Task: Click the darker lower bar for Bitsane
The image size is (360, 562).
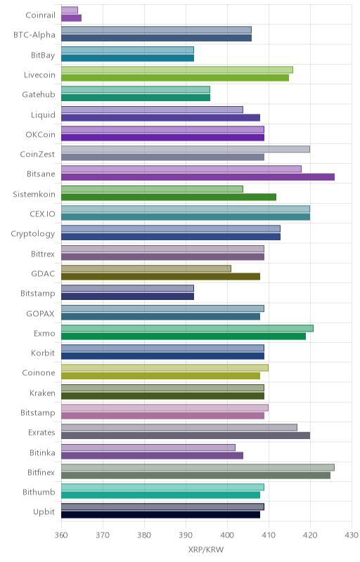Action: [x=198, y=177]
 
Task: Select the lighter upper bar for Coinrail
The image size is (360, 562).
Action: [x=70, y=10]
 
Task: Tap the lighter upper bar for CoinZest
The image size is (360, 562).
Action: [x=186, y=149]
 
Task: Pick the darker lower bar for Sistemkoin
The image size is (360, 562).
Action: [x=169, y=197]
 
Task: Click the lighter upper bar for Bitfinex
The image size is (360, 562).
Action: [x=198, y=467]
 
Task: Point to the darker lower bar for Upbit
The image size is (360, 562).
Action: [x=160, y=515]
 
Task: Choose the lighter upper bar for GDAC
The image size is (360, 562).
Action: [x=146, y=268]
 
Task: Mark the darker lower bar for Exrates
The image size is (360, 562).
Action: [x=186, y=436]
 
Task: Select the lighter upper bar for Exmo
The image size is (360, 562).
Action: [x=187, y=328]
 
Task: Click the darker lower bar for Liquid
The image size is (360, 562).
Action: [x=160, y=117]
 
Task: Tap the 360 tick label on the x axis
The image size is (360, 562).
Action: [x=61, y=535]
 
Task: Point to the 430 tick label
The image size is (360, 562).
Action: [x=352, y=535]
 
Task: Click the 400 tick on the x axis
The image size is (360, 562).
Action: [x=227, y=535]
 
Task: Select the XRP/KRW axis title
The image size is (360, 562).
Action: [x=206, y=550]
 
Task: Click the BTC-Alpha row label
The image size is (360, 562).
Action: [x=34, y=34]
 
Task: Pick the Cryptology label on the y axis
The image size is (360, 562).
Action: [x=33, y=234]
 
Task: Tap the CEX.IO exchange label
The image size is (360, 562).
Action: [x=43, y=214]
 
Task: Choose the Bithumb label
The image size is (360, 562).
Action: [x=39, y=492]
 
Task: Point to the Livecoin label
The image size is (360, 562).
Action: [x=40, y=75]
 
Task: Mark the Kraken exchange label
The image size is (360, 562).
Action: [x=43, y=393]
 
